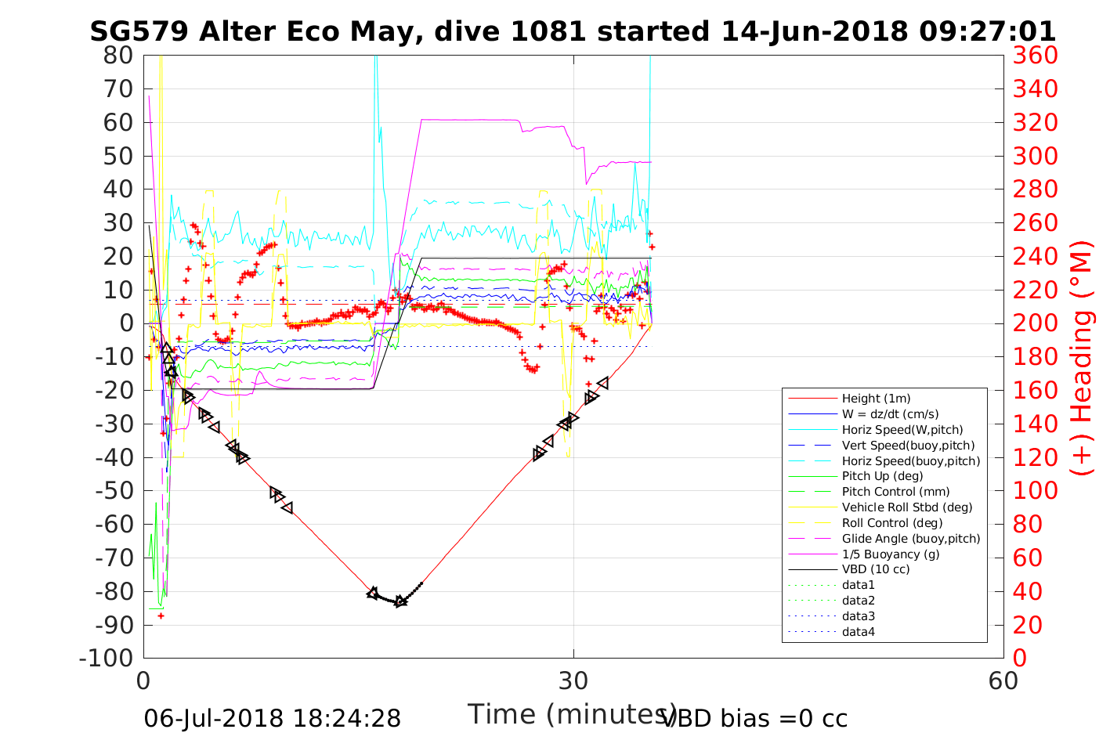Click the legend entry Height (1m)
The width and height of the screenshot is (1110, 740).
click(x=876, y=399)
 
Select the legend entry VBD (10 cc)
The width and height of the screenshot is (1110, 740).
click(x=876, y=569)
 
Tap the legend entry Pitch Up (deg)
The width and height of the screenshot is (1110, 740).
click(x=882, y=476)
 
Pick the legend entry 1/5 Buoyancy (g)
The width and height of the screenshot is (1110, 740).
click(x=890, y=554)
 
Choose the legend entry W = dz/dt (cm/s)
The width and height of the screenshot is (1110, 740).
click(x=890, y=414)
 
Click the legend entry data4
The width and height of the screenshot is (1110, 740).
click(x=858, y=632)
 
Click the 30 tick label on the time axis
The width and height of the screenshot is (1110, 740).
click(x=573, y=680)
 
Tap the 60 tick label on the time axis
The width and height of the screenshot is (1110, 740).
click(x=1003, y=680)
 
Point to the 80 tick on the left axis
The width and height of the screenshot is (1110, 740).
click(x=118, y=56)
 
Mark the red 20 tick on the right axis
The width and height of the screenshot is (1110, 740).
click(x=1029, y=625)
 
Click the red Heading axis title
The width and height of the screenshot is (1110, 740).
click(x=1082, y=357)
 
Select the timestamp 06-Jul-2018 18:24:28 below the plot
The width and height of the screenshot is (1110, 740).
click(x=272, y=718)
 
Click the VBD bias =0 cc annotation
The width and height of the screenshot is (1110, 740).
click(x=754, y=718)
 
